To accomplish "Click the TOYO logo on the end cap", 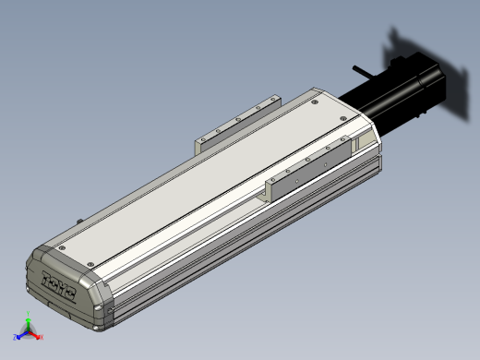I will pos(63,279).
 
